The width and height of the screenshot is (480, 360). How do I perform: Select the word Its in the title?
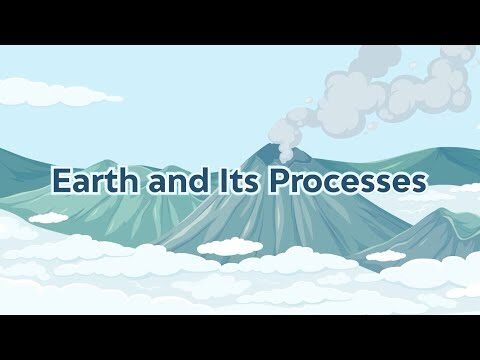234,183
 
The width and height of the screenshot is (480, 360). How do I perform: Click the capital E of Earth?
61,183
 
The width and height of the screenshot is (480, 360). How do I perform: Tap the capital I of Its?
218,183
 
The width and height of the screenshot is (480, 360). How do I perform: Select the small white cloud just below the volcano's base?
229,246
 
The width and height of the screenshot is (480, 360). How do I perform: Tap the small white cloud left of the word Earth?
48,217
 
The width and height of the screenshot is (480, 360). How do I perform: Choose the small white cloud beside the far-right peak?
385,255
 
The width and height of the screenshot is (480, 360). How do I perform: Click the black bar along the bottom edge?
240,337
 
